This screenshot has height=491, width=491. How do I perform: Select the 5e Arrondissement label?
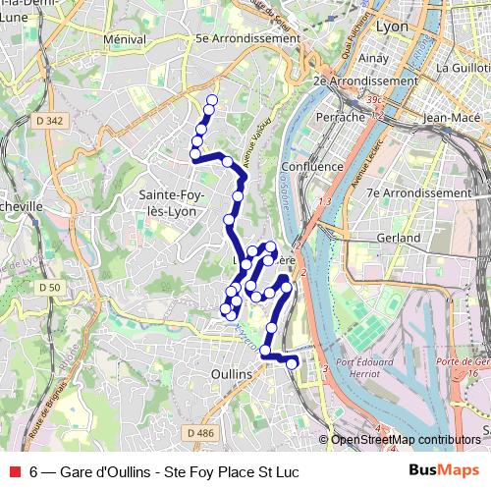point(246,38)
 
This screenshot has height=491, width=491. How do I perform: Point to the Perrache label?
point(340,117)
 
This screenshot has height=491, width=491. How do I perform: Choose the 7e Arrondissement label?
point(418,193)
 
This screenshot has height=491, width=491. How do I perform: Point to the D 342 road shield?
point(55,121)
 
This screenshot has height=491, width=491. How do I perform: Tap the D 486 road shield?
point(199,432)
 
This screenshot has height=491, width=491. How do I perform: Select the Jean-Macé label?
point(449,117)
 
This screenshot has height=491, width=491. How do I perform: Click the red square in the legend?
point(15,471)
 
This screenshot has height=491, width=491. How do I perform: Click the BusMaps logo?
point(444,470)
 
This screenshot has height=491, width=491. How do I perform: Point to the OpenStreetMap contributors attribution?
point(405,440)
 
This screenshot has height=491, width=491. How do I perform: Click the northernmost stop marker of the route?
point(211,100)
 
